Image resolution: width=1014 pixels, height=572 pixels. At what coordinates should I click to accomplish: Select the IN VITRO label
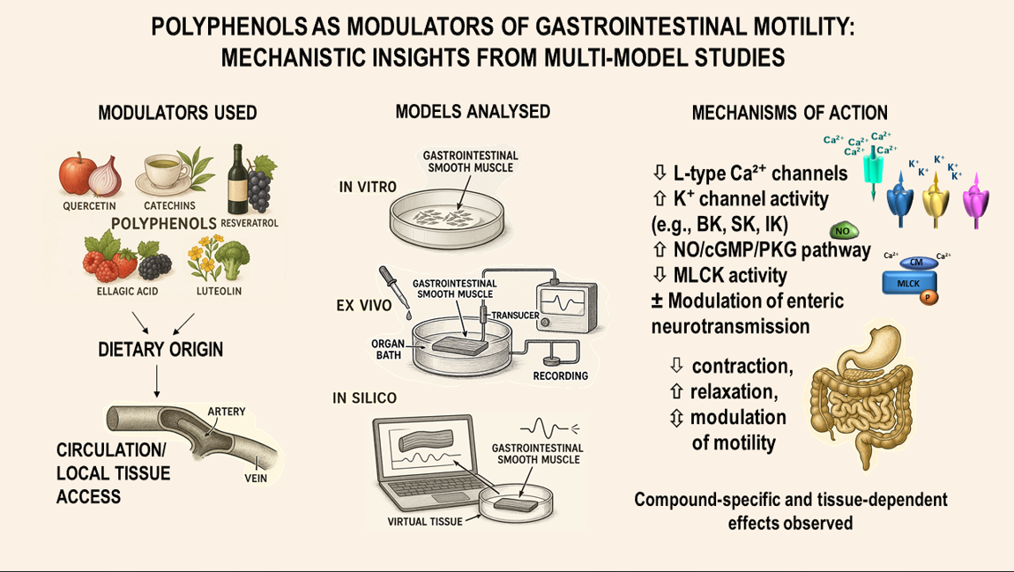(x=368, y=187)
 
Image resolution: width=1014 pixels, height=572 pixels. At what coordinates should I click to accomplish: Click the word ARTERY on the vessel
(x=227, y=412)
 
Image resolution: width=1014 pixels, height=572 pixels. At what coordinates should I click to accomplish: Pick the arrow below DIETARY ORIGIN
(x=156, y=378)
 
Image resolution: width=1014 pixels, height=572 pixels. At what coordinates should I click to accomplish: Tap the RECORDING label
(x=560, y=376)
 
